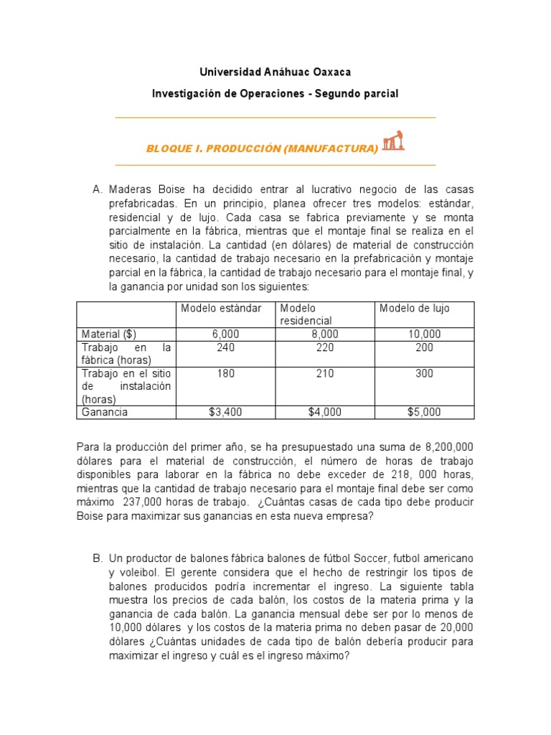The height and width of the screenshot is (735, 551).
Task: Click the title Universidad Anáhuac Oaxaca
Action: point(275,72)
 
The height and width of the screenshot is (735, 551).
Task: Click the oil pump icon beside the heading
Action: point(392,141)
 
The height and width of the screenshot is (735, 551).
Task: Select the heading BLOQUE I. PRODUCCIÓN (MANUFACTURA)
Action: point(262,149)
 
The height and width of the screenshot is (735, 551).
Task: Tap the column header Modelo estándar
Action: point(222,308)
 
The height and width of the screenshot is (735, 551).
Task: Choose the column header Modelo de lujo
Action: point(415,308)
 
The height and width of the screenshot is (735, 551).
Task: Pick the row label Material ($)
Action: point(109,334)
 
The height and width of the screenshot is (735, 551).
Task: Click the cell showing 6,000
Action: point(225,334)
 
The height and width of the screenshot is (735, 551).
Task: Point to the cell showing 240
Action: point(225,347)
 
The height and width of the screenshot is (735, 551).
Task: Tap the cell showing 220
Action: point(325,347)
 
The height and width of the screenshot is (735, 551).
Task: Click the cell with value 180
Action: point(225,374)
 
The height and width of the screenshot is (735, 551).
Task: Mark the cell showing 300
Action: point(425,374)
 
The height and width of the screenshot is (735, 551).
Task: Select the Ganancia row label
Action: point(105,412)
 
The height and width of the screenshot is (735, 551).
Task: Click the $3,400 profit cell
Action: point(225,412)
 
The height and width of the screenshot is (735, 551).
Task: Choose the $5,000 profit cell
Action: point(425,412)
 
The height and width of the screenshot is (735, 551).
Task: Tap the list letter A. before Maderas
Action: point(98,189)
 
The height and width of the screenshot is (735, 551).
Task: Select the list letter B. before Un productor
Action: point(98,558)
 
